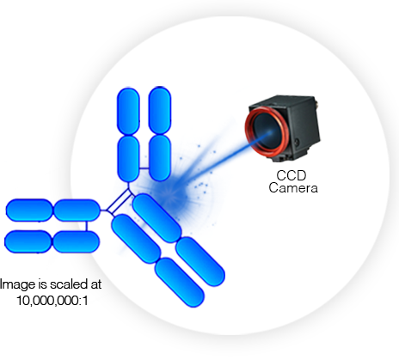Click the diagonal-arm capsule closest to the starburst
(x=156, y=216)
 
